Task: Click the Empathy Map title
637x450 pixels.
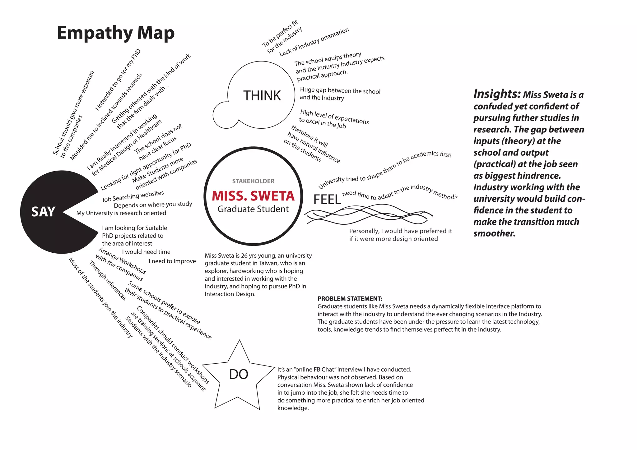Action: pos(116,33)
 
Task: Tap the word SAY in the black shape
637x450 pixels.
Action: pos(43,212)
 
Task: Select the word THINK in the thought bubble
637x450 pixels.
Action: pos(262,96)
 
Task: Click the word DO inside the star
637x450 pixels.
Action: pos(239,374)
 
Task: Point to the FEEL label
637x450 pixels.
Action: pos(327,200)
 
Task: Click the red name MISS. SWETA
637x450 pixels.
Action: pos(253,196)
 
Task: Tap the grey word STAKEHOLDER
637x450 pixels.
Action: pos(253,181)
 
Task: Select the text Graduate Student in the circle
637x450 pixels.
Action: pos(253,209)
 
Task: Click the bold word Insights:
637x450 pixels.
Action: pos(497,94)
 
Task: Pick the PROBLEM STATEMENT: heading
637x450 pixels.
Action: pos(350,299)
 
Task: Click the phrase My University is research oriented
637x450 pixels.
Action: pos(121,213)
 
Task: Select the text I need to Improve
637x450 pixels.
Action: pos(172,261)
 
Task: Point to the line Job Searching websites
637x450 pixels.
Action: pos(133,196)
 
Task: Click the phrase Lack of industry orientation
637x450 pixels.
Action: pos(314,42)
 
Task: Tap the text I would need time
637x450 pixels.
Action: pos(146,252)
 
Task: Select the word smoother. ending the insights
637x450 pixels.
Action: pos(494,233)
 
